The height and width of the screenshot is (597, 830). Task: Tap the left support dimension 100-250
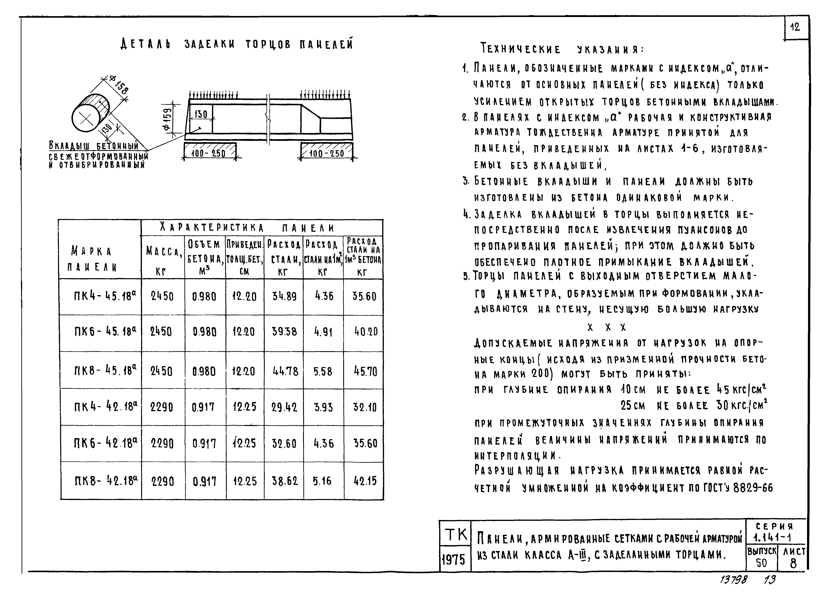(x=209, y=153)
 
